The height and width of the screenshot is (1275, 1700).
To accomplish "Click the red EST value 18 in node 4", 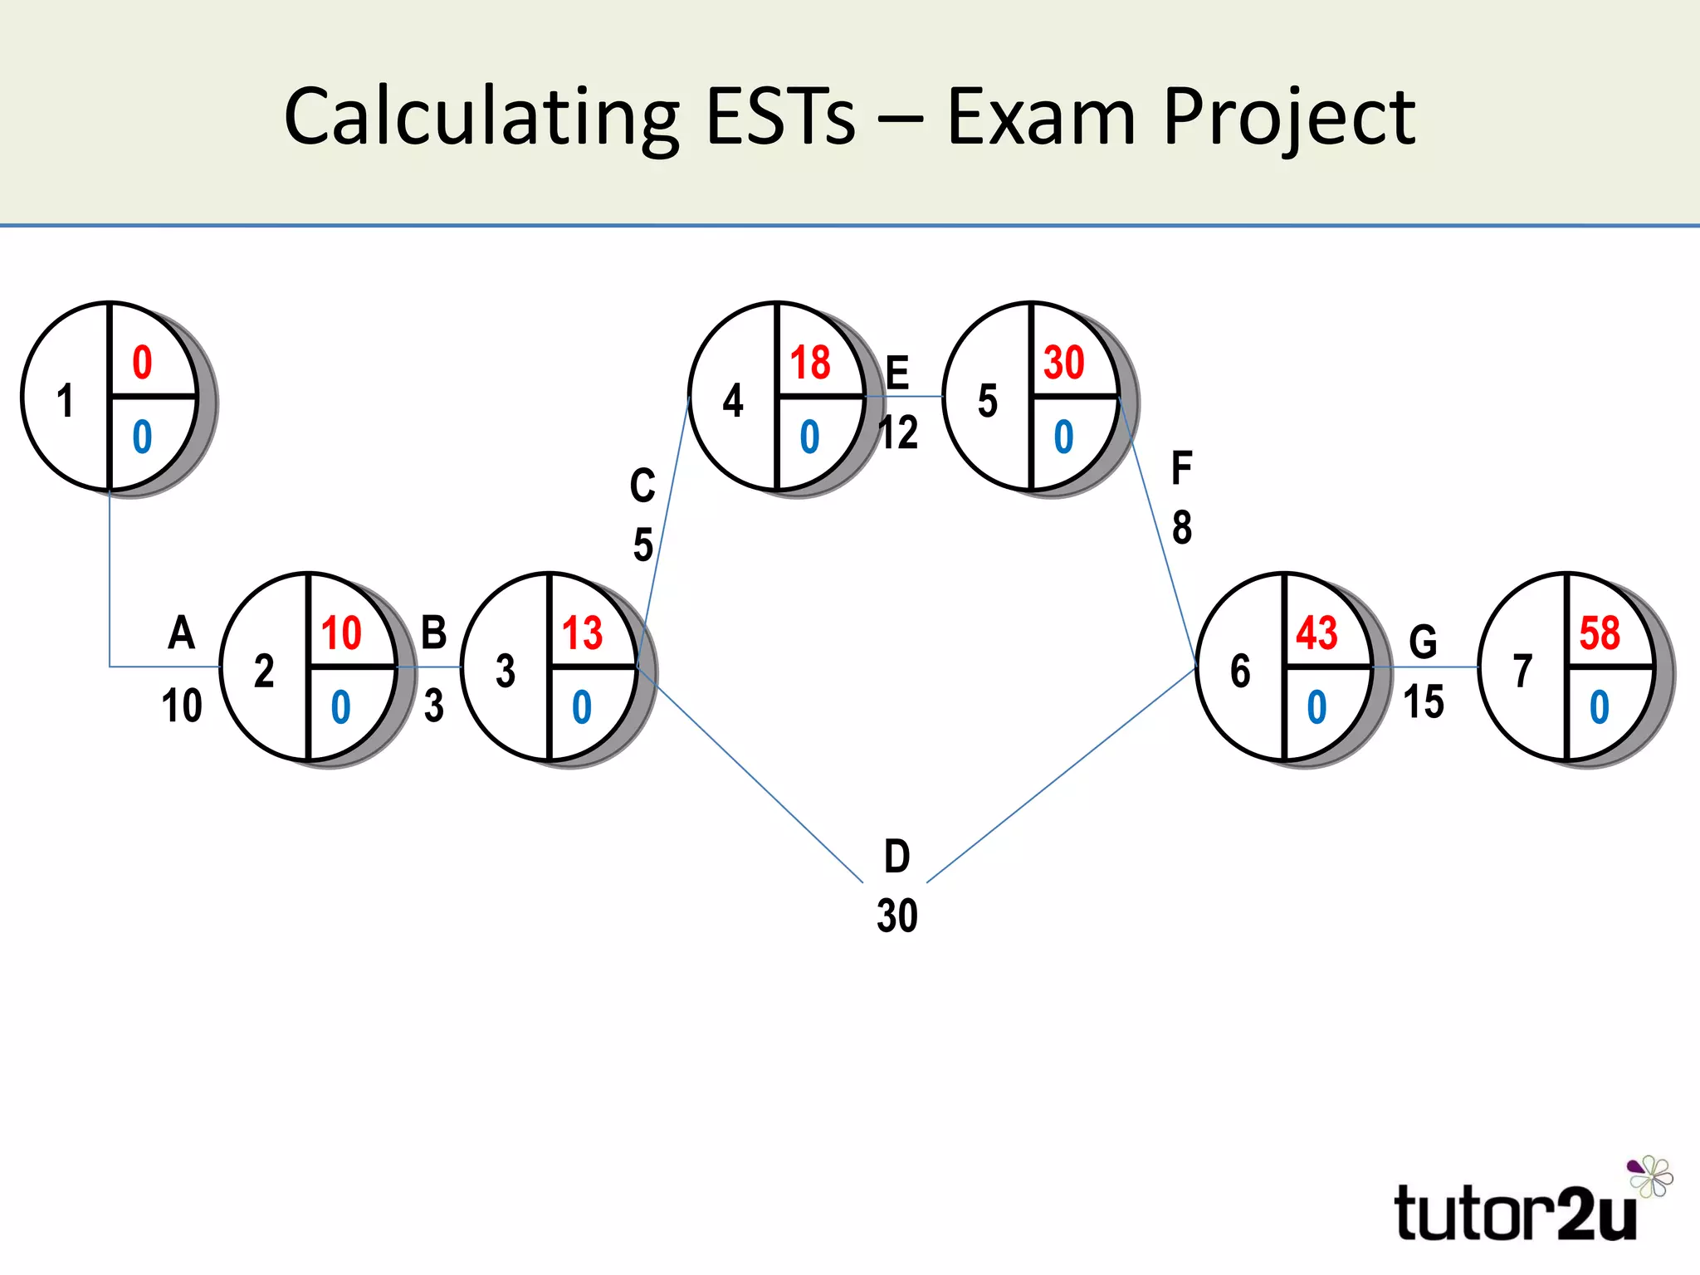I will [x=809, y=363].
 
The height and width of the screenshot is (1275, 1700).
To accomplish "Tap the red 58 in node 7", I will [x=1599, y=633].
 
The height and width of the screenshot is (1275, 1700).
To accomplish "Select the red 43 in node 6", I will [x=1317, y=633].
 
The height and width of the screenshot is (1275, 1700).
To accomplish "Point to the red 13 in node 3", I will [x=581, y=633].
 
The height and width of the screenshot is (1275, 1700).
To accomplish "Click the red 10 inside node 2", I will [x=341, y=633].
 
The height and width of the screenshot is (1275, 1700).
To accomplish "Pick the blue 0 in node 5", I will [x=1063, y=437].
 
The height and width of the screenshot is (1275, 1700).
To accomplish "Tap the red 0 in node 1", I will [x=142, y=363].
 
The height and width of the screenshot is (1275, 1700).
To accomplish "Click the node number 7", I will [x=1522, y=671].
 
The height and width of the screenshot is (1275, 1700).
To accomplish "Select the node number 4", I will [x=732, y=400].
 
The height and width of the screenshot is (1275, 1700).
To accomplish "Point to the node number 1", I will [x=65, y=400].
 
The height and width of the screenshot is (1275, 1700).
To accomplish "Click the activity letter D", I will [x=896, y=857].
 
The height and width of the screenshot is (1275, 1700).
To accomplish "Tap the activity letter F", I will [x=1181, y=468].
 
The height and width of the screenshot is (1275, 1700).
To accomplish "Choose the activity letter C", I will [x=642, y=486].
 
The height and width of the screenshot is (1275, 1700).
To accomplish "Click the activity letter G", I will [x=1423, y=642].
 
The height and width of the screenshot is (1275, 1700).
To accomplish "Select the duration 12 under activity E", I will [x=898, y=432].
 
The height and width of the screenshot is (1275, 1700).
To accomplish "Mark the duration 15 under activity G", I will [x=1424, y=701].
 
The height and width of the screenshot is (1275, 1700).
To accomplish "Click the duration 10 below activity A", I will [x=181, y=706].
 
